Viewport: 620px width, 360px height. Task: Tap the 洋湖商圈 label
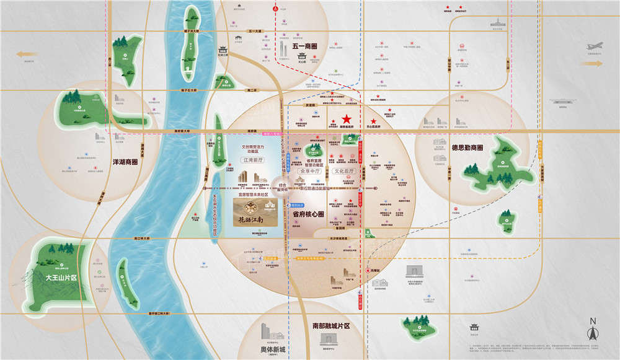click(x=123, y=163)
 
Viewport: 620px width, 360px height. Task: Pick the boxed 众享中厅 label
click(x=311, y=170)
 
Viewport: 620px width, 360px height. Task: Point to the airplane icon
click(x=595, y=46)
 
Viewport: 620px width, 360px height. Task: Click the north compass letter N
click(x=592, y=321)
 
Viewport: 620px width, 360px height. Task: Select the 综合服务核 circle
click(x=282, y=186)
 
